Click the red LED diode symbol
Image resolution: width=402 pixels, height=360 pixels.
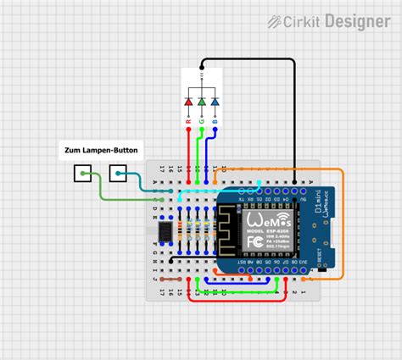[x=188, y=102]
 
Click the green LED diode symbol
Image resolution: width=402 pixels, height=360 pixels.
[x=202, y=102]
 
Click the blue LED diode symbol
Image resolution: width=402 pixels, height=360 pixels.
[x=215, y=102]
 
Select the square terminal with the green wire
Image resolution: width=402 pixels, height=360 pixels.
[x=82, y=175]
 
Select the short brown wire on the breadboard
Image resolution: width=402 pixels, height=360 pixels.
[x=170, y=278]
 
